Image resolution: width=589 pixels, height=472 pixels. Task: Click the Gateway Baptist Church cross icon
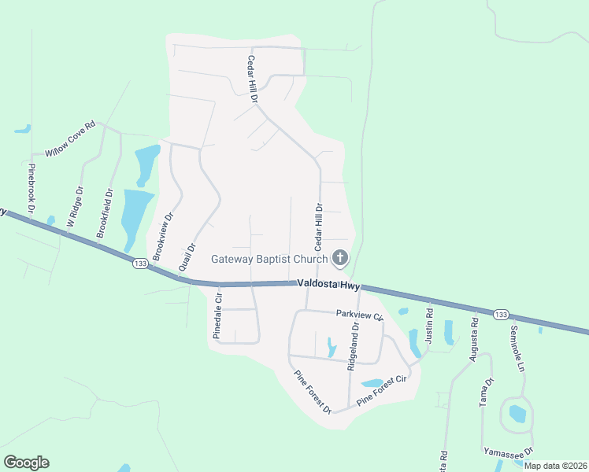(x=340, y=257)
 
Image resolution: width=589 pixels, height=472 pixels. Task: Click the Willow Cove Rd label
(x=70, y=138)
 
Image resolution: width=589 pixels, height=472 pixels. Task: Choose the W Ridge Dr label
(x=76, y=206)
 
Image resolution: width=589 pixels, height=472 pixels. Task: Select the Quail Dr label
(x=187, y=256)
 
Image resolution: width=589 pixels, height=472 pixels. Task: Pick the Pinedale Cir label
(x=218, y=316)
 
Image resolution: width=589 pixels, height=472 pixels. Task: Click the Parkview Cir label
(x=358, y=315)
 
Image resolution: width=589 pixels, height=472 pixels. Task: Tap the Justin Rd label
(x=430, y=323)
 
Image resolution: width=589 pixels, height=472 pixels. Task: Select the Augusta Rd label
(x=473, y=339)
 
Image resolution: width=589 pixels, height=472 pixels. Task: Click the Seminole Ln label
(x=517, y=348)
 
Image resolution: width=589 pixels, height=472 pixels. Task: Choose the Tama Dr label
(x=486, y=392)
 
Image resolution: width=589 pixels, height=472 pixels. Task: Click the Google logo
(x=26, y=463)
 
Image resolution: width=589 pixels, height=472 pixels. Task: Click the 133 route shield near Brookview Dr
(x=140, y=264)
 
